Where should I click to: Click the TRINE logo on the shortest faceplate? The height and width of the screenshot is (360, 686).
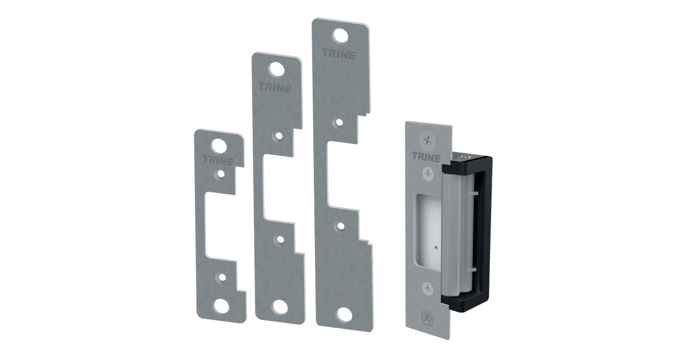217,161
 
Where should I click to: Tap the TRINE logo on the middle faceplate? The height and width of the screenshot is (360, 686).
275,89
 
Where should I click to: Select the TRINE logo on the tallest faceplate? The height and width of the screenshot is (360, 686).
338,55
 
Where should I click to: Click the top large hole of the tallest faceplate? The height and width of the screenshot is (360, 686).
341,35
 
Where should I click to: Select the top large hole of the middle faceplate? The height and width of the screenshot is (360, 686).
277,69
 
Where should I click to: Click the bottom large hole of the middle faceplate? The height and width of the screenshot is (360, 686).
280,307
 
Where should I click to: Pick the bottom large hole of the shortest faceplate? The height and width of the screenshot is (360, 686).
220,305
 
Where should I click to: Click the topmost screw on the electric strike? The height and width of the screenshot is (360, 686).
426,139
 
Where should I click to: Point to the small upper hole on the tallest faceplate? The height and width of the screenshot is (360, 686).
339,122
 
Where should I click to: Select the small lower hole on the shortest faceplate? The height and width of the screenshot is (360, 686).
220,278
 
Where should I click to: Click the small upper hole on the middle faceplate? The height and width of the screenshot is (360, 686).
277,137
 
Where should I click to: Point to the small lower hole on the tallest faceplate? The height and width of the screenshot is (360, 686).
341,226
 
